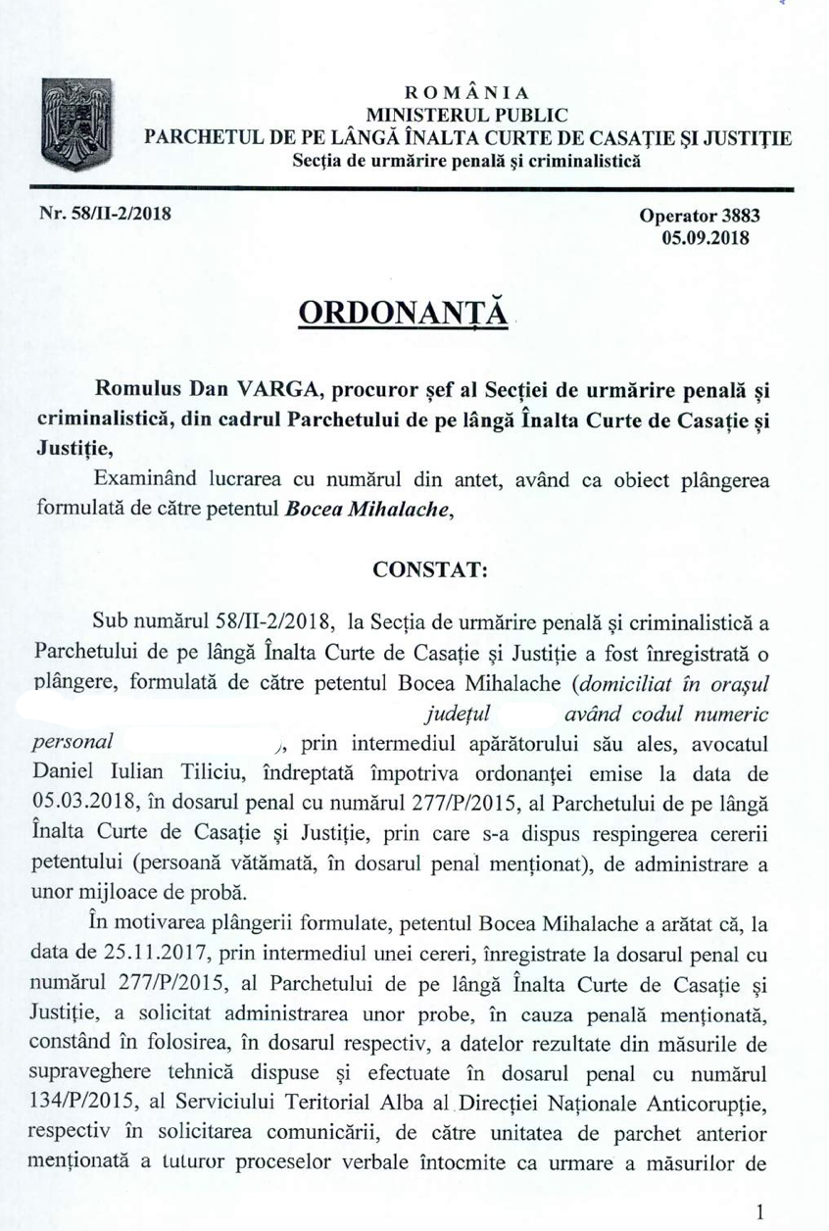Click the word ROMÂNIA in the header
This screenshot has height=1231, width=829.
467,96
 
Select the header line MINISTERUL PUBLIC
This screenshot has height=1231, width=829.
466,117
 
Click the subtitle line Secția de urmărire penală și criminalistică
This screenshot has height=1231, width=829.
466,158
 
